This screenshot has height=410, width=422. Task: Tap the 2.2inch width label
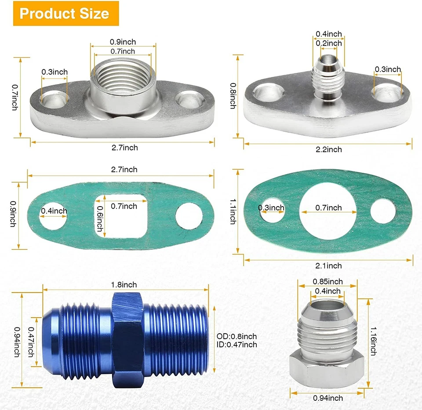(328, 149)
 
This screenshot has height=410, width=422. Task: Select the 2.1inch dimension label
(328, 265)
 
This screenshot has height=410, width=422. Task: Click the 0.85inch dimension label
(327, 281)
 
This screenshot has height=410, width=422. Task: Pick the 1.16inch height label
(373, 340)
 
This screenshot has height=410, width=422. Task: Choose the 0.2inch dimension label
(329, 43)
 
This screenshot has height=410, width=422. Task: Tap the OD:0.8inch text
(237, 336)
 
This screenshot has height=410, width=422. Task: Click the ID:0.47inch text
(237, 345)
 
